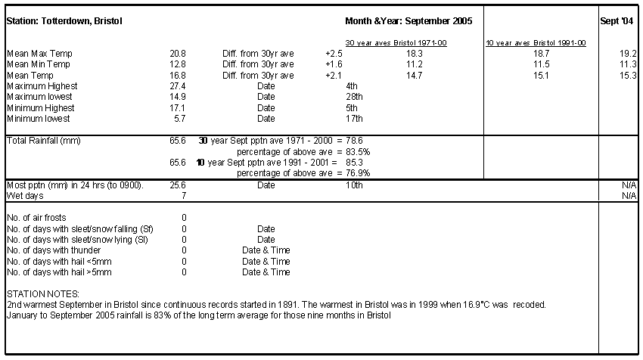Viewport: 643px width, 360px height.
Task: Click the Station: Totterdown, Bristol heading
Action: point(64,21)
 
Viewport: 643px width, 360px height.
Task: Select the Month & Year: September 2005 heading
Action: point(408,21)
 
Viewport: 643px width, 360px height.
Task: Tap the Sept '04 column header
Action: point(617,21)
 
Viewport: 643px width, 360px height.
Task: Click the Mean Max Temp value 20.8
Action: point(178,54)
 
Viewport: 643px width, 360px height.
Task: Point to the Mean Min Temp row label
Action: point(39,64)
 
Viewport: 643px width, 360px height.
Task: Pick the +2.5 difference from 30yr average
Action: point(334,54)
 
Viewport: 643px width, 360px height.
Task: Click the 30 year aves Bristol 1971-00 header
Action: point(396,42)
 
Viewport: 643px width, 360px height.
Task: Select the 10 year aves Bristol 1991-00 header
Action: point(536,42)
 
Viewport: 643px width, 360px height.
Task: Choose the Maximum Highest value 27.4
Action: point(178,86)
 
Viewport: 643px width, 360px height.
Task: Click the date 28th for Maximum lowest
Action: point(354,97)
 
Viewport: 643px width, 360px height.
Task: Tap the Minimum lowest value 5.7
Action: point(179,119)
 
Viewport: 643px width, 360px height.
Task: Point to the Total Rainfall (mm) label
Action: point(44,141)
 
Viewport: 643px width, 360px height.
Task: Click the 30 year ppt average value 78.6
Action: point(354,141)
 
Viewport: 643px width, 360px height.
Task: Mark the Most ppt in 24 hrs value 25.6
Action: point(178,185)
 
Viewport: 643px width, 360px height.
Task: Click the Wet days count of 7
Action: point(184,196)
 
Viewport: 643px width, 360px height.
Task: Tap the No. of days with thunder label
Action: point(54,250)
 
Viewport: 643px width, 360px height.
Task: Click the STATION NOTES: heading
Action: point(43,294)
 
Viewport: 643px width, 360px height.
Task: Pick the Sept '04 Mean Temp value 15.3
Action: point(628,76)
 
